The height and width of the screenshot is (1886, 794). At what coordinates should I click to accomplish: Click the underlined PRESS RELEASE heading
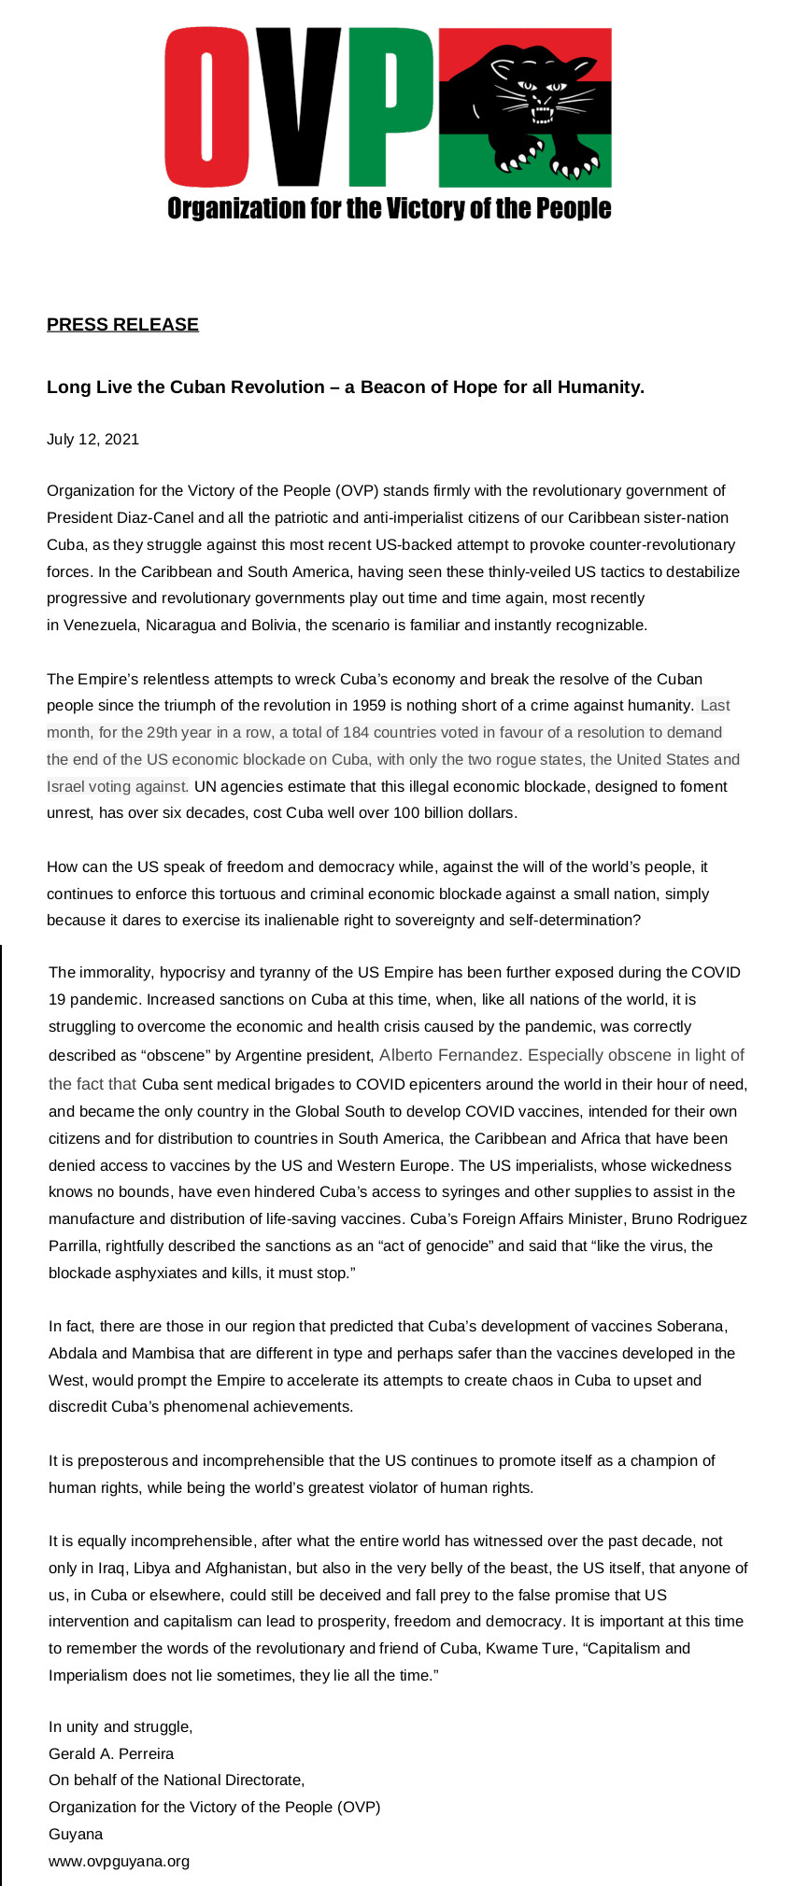(x=122, y=324)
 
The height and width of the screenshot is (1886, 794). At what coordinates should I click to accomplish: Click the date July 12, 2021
(x=92, y=439)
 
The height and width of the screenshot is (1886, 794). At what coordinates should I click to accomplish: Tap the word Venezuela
(x=101, y=625)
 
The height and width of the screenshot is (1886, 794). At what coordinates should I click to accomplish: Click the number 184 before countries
(x=356, y=732)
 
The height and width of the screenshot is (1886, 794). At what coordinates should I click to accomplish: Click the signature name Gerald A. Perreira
(x=111, y=1753)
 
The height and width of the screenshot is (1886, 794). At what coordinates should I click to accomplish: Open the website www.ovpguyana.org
(x=119, y=1861)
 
